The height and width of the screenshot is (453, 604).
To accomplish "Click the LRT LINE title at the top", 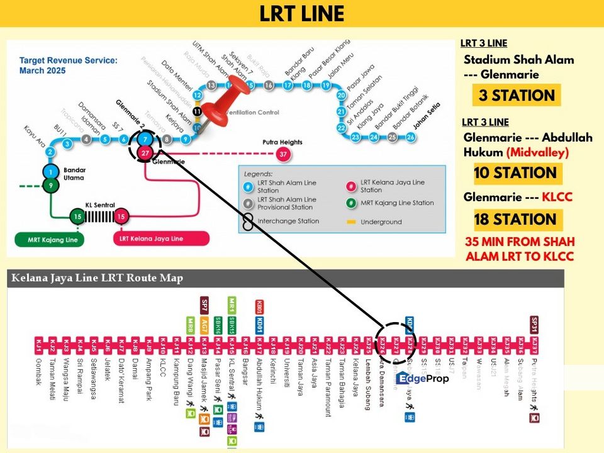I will pyautogui.click(x=302, y=14).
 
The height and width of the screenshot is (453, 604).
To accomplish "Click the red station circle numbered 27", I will pyautogui.click(x=145, y=154).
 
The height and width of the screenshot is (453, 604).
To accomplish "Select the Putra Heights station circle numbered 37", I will pyautogui.click(x=284, y=154).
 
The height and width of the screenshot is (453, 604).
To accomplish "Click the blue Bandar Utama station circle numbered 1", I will pyautogui.click(x=50, y=172).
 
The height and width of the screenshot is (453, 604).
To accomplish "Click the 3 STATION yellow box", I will pyautogui.click(x=516, y=96).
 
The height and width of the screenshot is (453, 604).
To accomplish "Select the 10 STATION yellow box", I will pyautogui.click(x=517, y=173).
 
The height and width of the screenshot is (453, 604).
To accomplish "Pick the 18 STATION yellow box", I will pyautogui.click(x=517, y=219).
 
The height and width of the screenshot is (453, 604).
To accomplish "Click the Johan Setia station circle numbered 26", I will pyautogui.click(x=411, y=137).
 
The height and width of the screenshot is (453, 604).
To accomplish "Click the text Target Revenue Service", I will pyautogui.click(x=68, y=61).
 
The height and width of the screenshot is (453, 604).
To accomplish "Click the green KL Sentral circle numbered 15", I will pyautogui.click(x=77, y=217).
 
